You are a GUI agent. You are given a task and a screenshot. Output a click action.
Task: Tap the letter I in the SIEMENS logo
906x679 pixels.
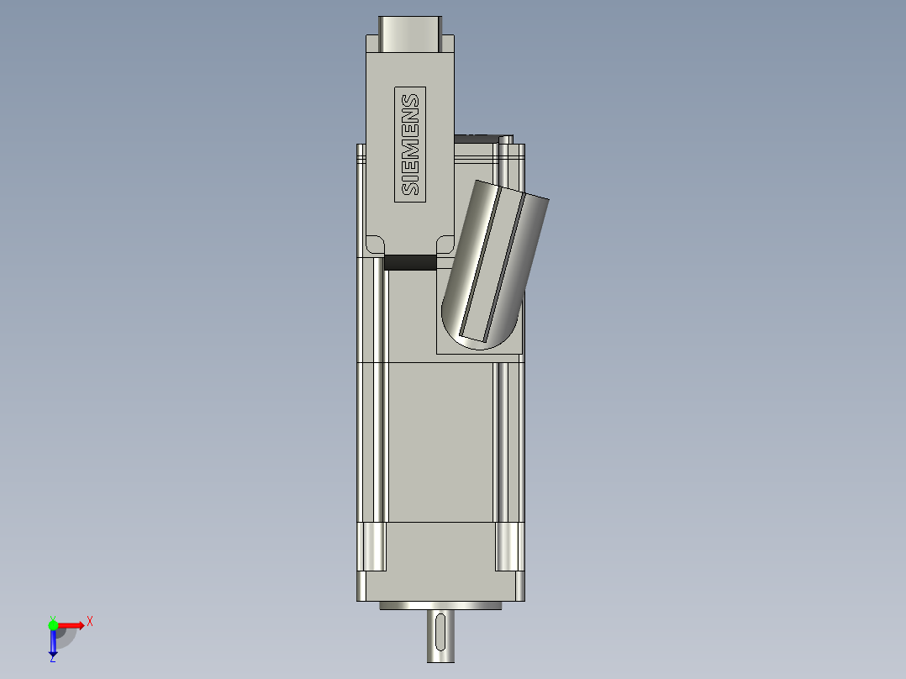(411, 175)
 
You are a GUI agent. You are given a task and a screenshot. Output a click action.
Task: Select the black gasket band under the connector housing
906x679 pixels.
(410, 263)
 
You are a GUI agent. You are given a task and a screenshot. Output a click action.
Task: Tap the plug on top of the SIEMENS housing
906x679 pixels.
(409, 34)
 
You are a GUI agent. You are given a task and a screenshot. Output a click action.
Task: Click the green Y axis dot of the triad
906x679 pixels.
(53, 624)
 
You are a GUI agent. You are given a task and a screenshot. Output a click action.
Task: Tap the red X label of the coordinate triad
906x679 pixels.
(90, 621)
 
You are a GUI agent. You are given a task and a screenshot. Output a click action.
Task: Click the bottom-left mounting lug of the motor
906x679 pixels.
(371, 546)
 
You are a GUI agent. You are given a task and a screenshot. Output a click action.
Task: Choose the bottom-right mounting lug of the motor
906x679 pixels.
(509, 546)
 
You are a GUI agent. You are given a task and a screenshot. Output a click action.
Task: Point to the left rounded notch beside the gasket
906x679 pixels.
(375, 245)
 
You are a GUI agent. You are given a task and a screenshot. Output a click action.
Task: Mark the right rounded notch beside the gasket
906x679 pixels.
(444, 245)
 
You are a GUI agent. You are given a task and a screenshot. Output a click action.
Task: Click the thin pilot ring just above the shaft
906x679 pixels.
(440, 605)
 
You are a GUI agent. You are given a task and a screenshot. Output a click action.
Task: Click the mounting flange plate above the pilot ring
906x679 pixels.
(440, 586)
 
